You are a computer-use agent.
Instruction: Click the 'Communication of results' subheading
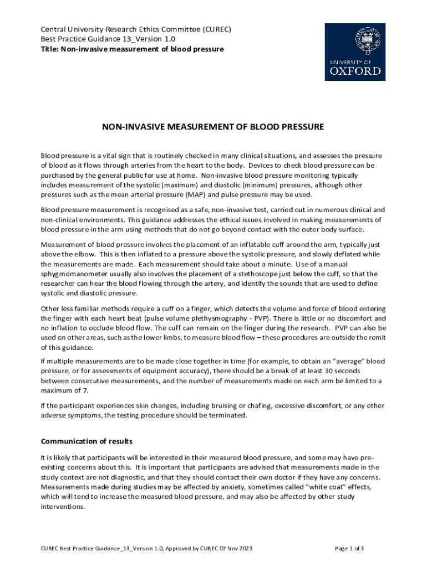coord(87,441)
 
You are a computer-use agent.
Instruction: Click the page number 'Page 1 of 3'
coord(350,548)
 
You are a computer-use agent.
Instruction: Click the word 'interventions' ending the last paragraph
coord(63,507)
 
